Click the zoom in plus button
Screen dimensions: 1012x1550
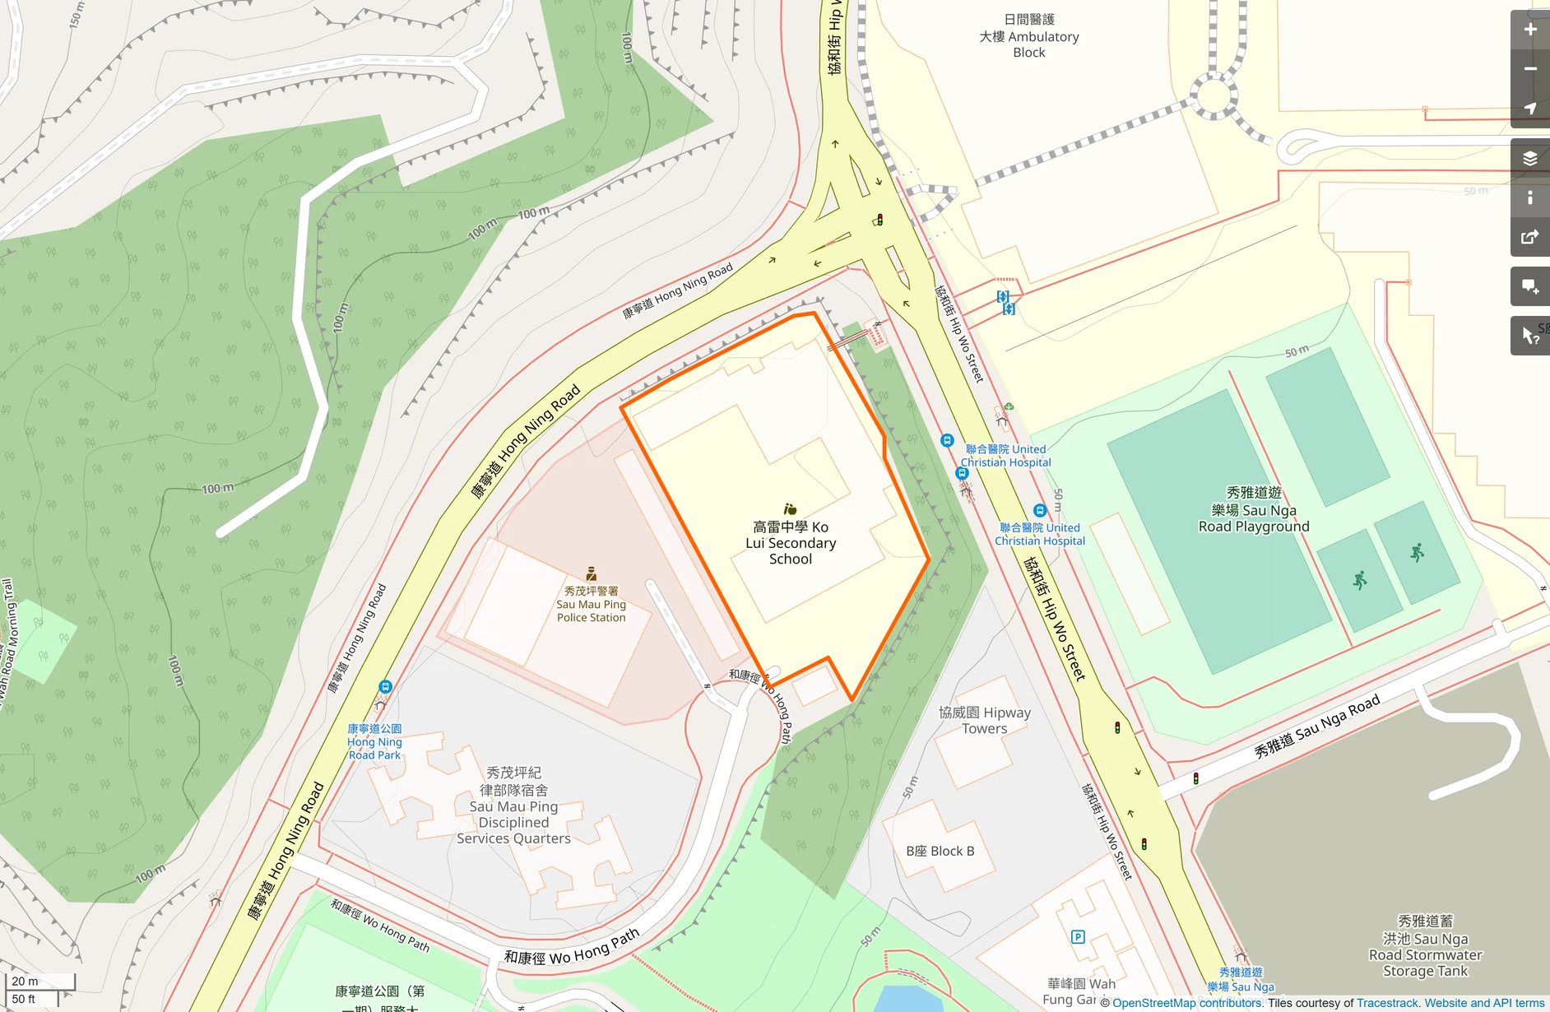click(x=1530, y=30)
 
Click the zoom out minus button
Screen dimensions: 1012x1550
click(x=1530, y=69)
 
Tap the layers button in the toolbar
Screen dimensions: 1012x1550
click(x=1530, y=159)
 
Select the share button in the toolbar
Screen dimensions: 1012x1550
click(x=1530, y=238)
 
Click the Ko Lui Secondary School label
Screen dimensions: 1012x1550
click(x=791, y=543)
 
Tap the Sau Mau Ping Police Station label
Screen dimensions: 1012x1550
click(x=591, y=605)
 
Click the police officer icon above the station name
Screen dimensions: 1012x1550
click(x=591, y=573)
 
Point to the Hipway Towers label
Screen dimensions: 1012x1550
click(x=985, y=720)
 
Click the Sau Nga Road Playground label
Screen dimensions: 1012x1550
click(x=1254, y=510)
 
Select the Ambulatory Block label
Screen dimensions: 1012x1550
click(x=1029, y=36)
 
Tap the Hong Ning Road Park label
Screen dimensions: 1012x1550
click(x=374, y=741)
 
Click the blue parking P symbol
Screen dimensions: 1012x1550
click(x=1078, y=936)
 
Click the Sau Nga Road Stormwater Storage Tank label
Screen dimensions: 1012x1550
click(x=1426, y=946)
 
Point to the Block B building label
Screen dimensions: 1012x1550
click(x=940, y=851)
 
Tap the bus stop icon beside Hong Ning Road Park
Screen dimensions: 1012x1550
click(x=385, y=686)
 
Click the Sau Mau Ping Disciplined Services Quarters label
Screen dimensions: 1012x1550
click(x=513, y=805)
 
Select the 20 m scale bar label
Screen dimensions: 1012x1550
click(x=25, y=981)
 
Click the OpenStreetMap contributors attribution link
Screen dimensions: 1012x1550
click(x=1186, y=1003)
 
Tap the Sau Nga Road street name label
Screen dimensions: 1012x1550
click(x=1316, y=727)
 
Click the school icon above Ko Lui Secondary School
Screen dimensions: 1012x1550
click(x=790, y=509)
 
